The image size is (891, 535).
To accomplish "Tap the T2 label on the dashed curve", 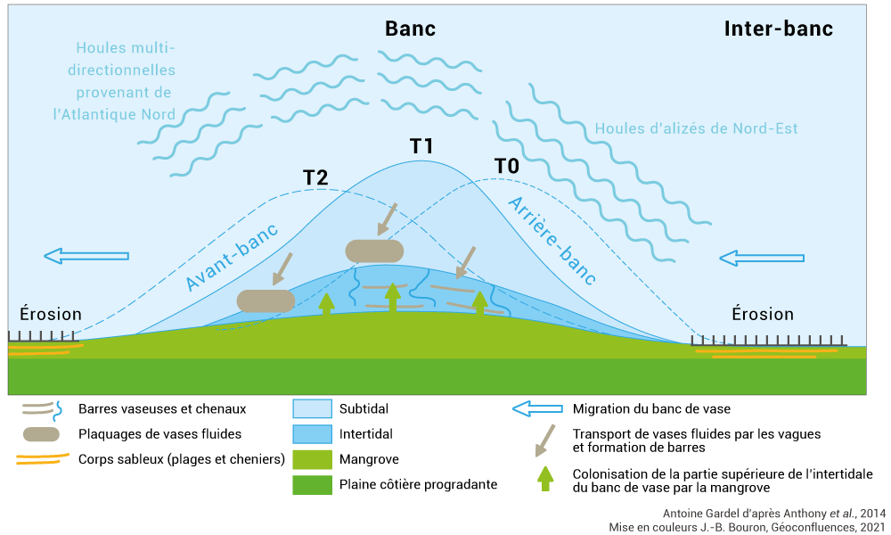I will (315, 177).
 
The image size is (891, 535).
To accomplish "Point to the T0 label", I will (506, 166).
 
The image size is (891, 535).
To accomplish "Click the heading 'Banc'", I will (410, 29).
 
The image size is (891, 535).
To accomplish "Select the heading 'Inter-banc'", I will (778, 29).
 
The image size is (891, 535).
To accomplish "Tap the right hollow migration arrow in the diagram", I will (762, 258).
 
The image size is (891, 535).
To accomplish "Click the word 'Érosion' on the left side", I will (51, 314).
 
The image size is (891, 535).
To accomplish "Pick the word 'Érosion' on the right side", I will (763, 314).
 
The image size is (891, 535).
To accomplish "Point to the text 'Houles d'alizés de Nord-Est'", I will (696, 128).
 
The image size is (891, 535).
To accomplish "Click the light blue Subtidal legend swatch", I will (311, 409).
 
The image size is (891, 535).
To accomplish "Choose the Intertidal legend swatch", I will (311, 434).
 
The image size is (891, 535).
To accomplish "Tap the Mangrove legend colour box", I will (311, 459).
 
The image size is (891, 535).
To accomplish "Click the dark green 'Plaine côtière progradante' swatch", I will (311, 484).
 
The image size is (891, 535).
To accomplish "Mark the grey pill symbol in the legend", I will (37, 434).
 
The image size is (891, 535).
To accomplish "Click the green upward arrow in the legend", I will (545, 479).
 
